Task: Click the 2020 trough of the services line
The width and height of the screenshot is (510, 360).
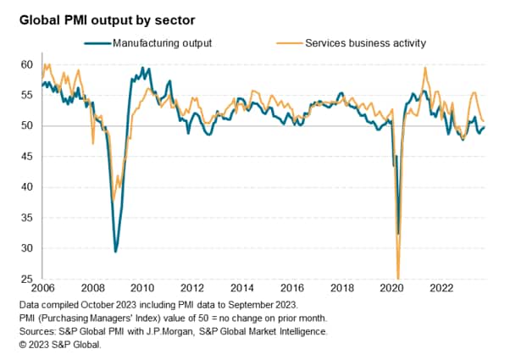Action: coord(398,276)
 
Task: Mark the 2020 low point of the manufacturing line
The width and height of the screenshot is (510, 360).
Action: coord(398,233)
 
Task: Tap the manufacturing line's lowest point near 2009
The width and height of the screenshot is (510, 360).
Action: coord(115,252)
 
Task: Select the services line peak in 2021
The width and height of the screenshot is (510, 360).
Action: coord(424,68)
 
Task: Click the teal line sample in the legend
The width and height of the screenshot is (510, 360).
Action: coord(97,42)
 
